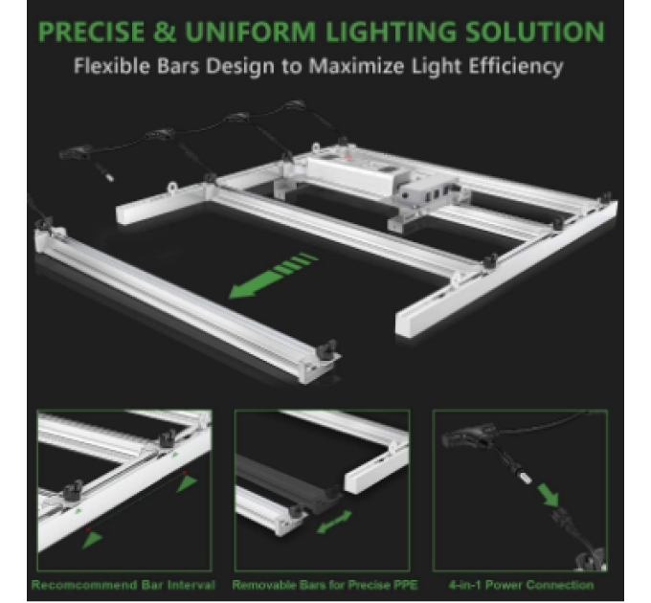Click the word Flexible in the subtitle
[116, 67]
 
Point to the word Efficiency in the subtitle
[515, 67]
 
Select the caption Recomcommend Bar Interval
[123, 584]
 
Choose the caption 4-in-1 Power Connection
[521, 584]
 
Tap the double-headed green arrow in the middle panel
[334, 523]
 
